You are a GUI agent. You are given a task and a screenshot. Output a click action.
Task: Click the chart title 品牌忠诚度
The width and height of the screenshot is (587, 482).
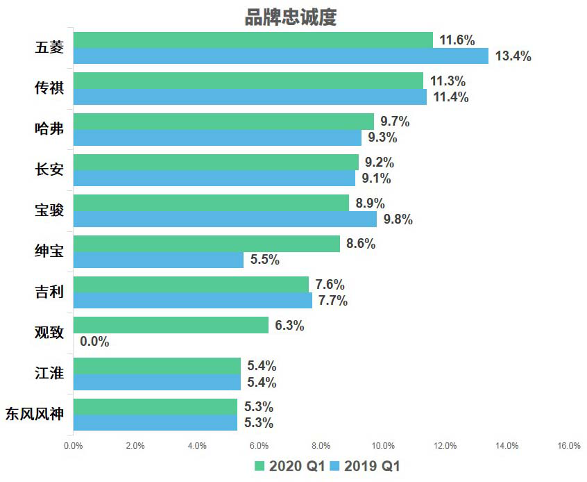(290, 17)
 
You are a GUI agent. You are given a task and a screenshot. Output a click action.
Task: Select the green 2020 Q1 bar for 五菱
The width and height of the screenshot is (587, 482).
(253, 40)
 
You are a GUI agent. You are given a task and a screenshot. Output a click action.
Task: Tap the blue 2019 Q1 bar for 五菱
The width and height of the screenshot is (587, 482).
(280, 56)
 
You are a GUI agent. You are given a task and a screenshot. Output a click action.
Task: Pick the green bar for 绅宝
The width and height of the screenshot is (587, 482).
(206, 244)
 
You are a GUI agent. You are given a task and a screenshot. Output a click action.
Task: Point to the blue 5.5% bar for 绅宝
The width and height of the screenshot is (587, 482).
(158, 260)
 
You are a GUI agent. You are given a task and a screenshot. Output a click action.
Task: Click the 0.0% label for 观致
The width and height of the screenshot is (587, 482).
(94, 342)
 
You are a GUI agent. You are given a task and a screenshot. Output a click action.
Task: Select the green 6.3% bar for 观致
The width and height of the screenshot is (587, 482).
(170, 325)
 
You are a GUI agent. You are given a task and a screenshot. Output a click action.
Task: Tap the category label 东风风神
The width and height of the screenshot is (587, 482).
(34, 415)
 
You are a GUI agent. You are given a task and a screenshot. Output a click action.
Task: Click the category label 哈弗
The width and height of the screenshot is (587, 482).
(49, 129)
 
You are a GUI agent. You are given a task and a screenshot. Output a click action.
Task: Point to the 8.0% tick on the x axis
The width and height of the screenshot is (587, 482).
(321, 447)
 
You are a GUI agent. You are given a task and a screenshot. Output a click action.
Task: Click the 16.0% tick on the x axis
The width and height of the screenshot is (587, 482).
(569, 447)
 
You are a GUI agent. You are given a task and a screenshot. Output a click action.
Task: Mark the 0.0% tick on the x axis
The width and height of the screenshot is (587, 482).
(73, 447)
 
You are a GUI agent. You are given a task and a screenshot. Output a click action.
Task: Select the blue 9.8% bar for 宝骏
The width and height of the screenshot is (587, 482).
(225, 219)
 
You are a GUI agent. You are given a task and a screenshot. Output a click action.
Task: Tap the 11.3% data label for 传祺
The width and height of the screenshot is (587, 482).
(448, 81)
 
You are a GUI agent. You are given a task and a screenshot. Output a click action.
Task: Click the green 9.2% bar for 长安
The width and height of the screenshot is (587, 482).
(216, 162)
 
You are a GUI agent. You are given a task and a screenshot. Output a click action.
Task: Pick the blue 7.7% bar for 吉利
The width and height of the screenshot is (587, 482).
(192, 301)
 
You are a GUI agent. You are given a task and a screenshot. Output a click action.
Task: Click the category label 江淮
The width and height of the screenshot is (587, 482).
(49, 374)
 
